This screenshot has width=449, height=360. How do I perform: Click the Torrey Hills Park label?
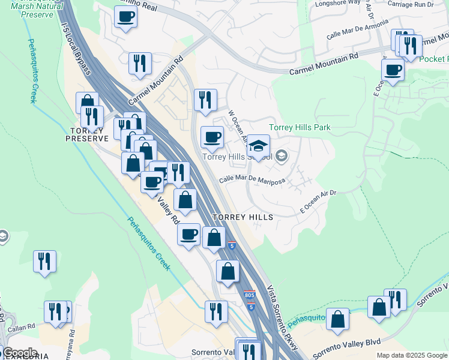coord(300,127)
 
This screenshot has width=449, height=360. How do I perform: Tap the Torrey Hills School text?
coord(237,157)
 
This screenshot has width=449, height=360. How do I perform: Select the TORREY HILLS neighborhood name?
coord(243,217)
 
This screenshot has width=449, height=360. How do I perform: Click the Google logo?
coord(20,353)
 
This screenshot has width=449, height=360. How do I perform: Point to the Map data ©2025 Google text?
coord(412,355)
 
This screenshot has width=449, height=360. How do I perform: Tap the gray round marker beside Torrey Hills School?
coord(282,157)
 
